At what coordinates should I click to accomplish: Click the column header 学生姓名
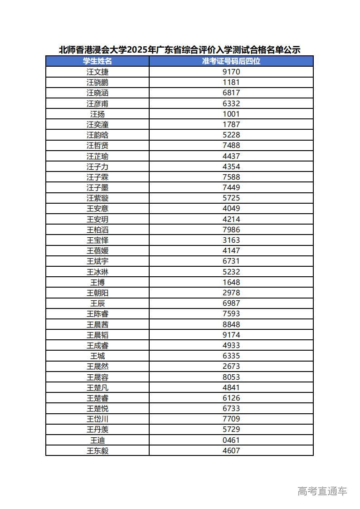(x=97, y=61)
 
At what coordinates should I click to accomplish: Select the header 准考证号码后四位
(x=231, y=61)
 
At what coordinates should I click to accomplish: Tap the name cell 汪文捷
(x=97, y=72)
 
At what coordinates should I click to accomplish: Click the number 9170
(x=231, y=72)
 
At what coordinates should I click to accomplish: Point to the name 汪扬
(x=97, y=114)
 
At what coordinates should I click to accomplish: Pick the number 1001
(x=231, y=114)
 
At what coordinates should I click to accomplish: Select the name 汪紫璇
(x=97, y=198)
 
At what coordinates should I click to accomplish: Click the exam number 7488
(x=231, y=145)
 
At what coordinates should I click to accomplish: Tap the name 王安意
(x=97, y=209)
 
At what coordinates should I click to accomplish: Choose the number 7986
(x=231, y=230)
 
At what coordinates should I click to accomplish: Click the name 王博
(x=97, y=282)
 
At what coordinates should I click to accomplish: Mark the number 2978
(x=231, y=293)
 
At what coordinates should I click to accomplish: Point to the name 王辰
(x=97, y=303)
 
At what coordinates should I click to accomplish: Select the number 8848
(x=231, y=324)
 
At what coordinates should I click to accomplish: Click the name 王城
(x=97, y=356)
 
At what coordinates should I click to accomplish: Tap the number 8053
(x=231, y=377)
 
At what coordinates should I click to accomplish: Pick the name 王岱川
(x=97, y=419)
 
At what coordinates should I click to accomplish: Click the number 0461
(x=231, y=440)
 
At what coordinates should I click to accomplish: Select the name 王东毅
(x=97, y=450)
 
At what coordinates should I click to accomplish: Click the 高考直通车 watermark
(x=322, y=491)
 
